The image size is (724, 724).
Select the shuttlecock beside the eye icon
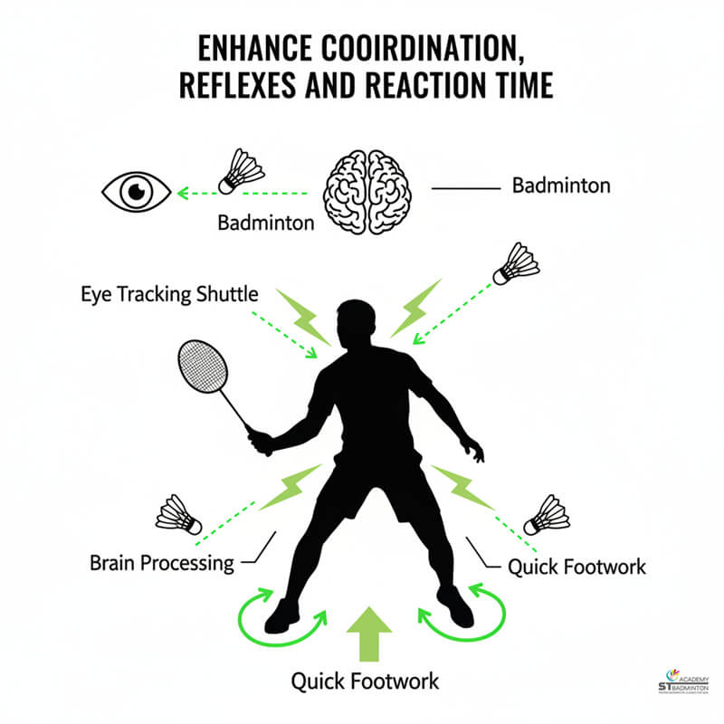242,171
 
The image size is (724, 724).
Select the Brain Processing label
162,562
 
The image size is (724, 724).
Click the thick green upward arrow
368,637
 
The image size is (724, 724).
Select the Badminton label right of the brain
561,186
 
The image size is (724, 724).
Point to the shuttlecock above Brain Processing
179,514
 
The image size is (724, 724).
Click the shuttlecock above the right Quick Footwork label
547,514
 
